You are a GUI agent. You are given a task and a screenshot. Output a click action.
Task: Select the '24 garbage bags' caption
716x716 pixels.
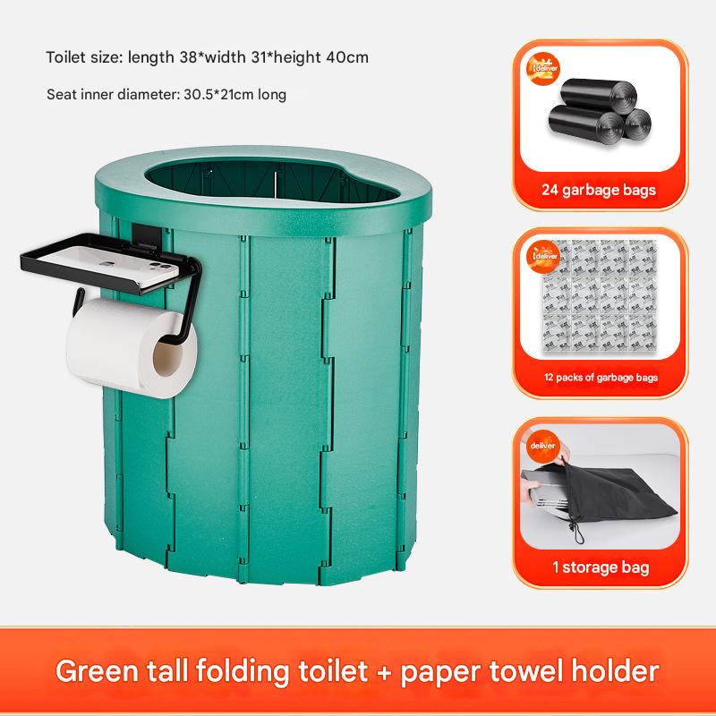599,190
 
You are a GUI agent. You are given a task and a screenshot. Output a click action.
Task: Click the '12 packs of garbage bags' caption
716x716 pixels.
600,377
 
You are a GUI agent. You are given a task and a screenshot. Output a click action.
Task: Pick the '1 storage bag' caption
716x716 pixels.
600,567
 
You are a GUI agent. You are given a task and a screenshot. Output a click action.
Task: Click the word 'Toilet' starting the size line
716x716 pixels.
66,58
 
